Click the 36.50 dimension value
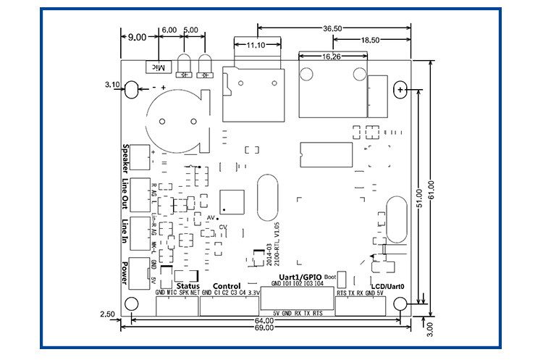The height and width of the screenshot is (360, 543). pyautogui.click(x=332, y=28)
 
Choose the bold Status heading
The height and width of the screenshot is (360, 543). pyautogui.click(x=188, y=285)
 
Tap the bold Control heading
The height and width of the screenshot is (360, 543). pyautogui.click(x=227, y=285)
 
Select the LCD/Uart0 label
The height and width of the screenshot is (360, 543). pyautogui.click(x=387, y=287)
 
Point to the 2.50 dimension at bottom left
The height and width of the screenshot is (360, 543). pyautogui.click(x=108, y=313)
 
